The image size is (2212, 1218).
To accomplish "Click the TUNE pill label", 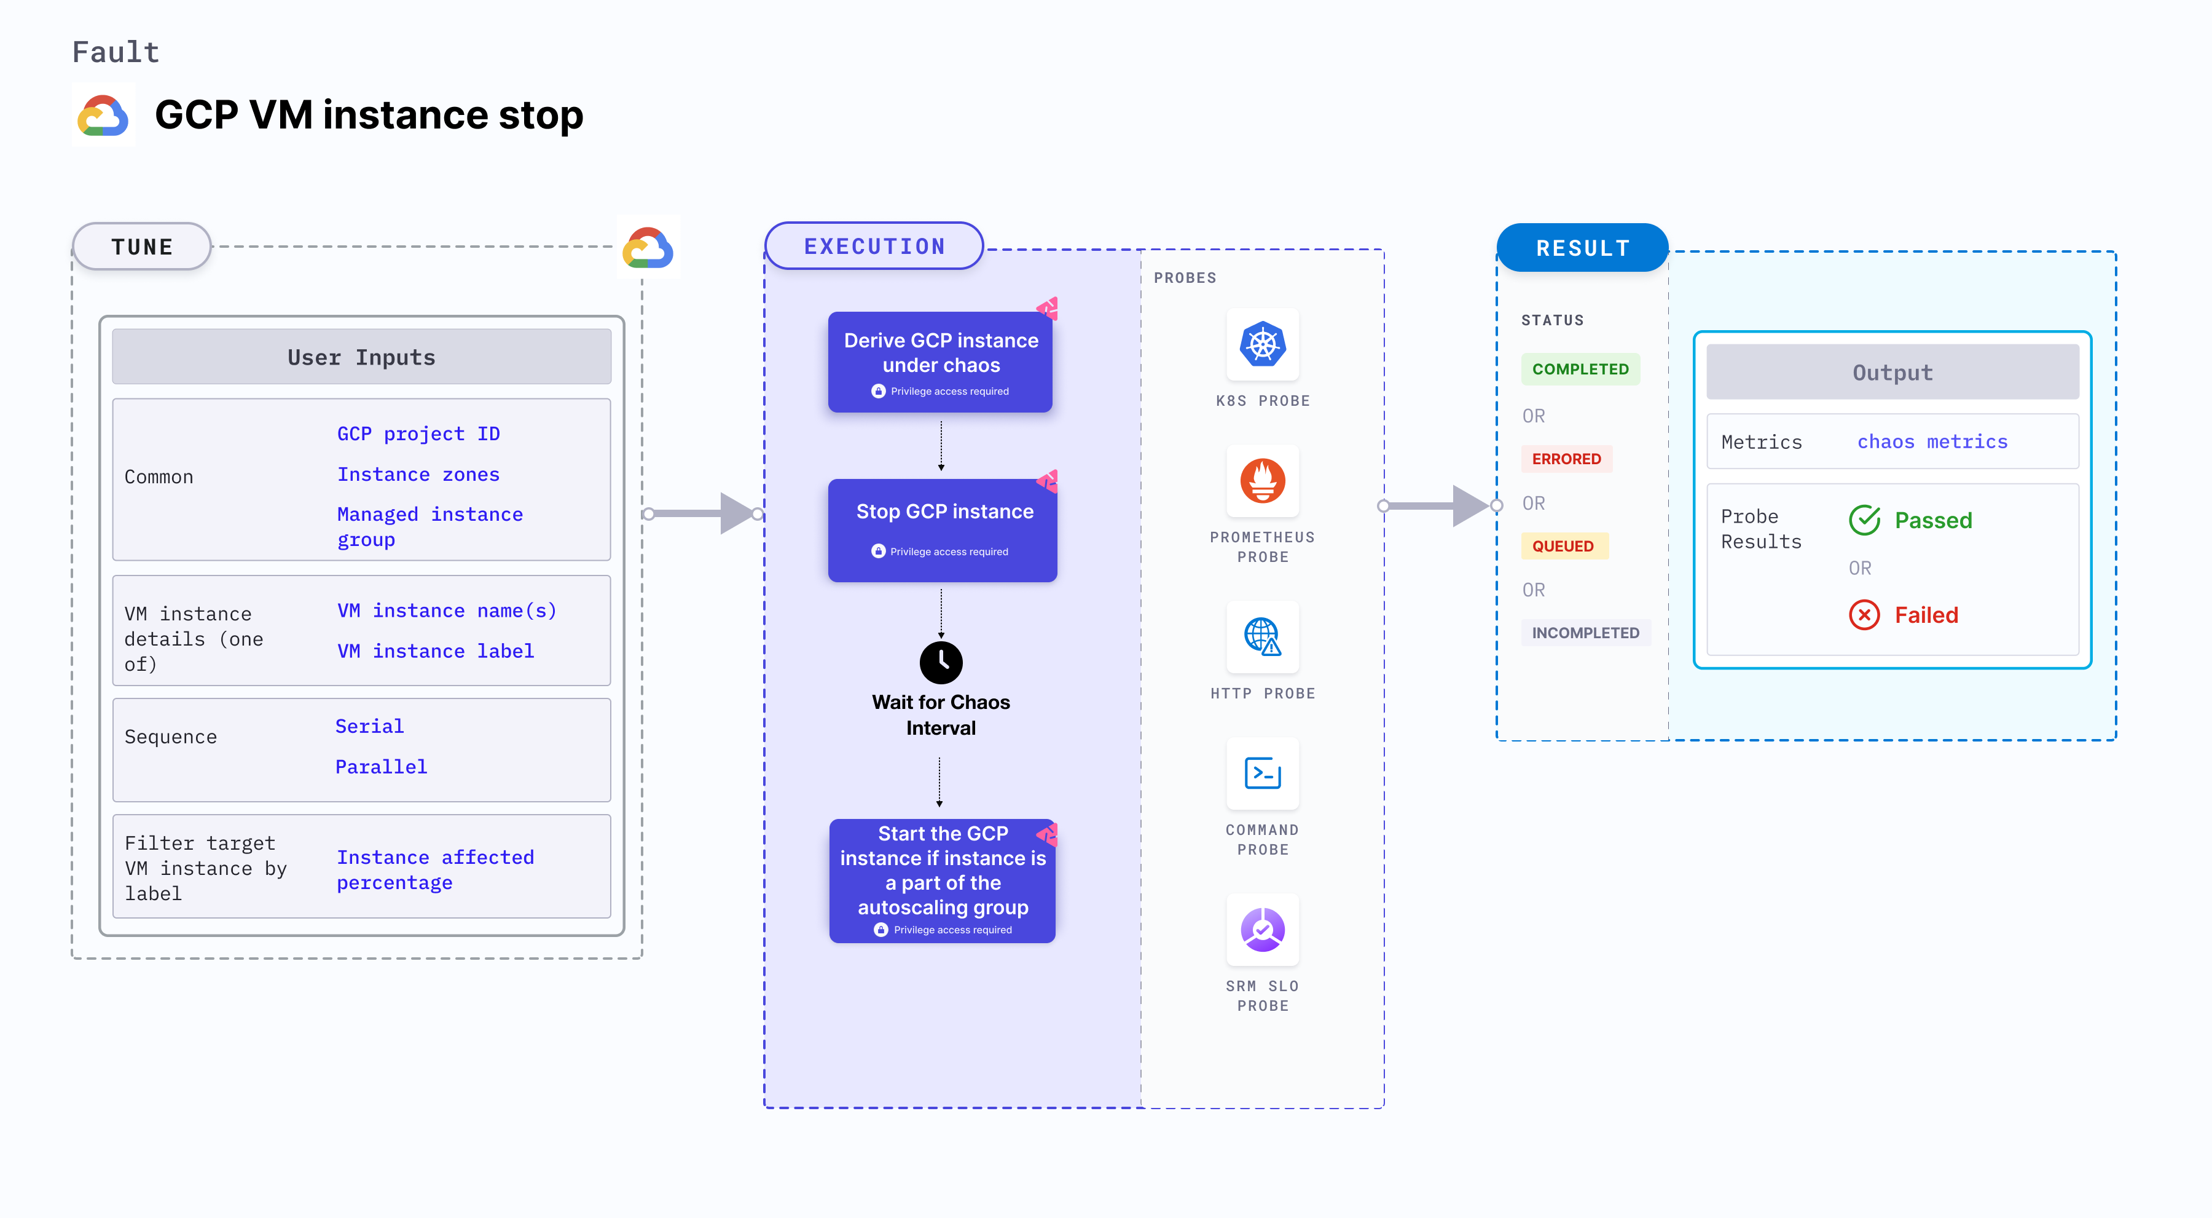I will tap(142, 247).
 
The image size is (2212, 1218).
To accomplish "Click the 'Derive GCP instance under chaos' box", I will tap(940, 362).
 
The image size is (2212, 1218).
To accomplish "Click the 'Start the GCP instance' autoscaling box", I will tap(942, 880).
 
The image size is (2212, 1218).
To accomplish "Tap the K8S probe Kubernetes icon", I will tap(1262, 344).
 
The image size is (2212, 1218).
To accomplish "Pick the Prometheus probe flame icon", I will tap(1262, 481).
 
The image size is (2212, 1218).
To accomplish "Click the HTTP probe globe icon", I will tap(1262, 636).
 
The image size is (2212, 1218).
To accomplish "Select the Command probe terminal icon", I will tap(1262, 773).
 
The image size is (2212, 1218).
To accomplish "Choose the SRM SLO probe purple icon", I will tap(1262, 930).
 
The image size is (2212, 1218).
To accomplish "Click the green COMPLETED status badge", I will tap(1580, 370).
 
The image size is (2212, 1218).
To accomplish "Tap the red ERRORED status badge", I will tap(1566, 459).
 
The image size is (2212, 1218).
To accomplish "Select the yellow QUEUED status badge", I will tap(1563, 547).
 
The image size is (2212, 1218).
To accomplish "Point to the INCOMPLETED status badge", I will tap(1585, 633).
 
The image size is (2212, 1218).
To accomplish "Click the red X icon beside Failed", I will tap(1864, 615).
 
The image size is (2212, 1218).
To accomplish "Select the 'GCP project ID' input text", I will tap(418, 434).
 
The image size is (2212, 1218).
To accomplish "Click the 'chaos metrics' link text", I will tap(1932, 441).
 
